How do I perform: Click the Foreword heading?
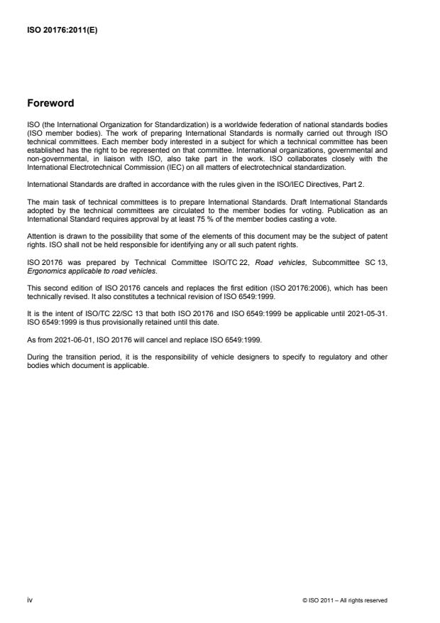(52, 103)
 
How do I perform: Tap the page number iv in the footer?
(30, 600)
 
